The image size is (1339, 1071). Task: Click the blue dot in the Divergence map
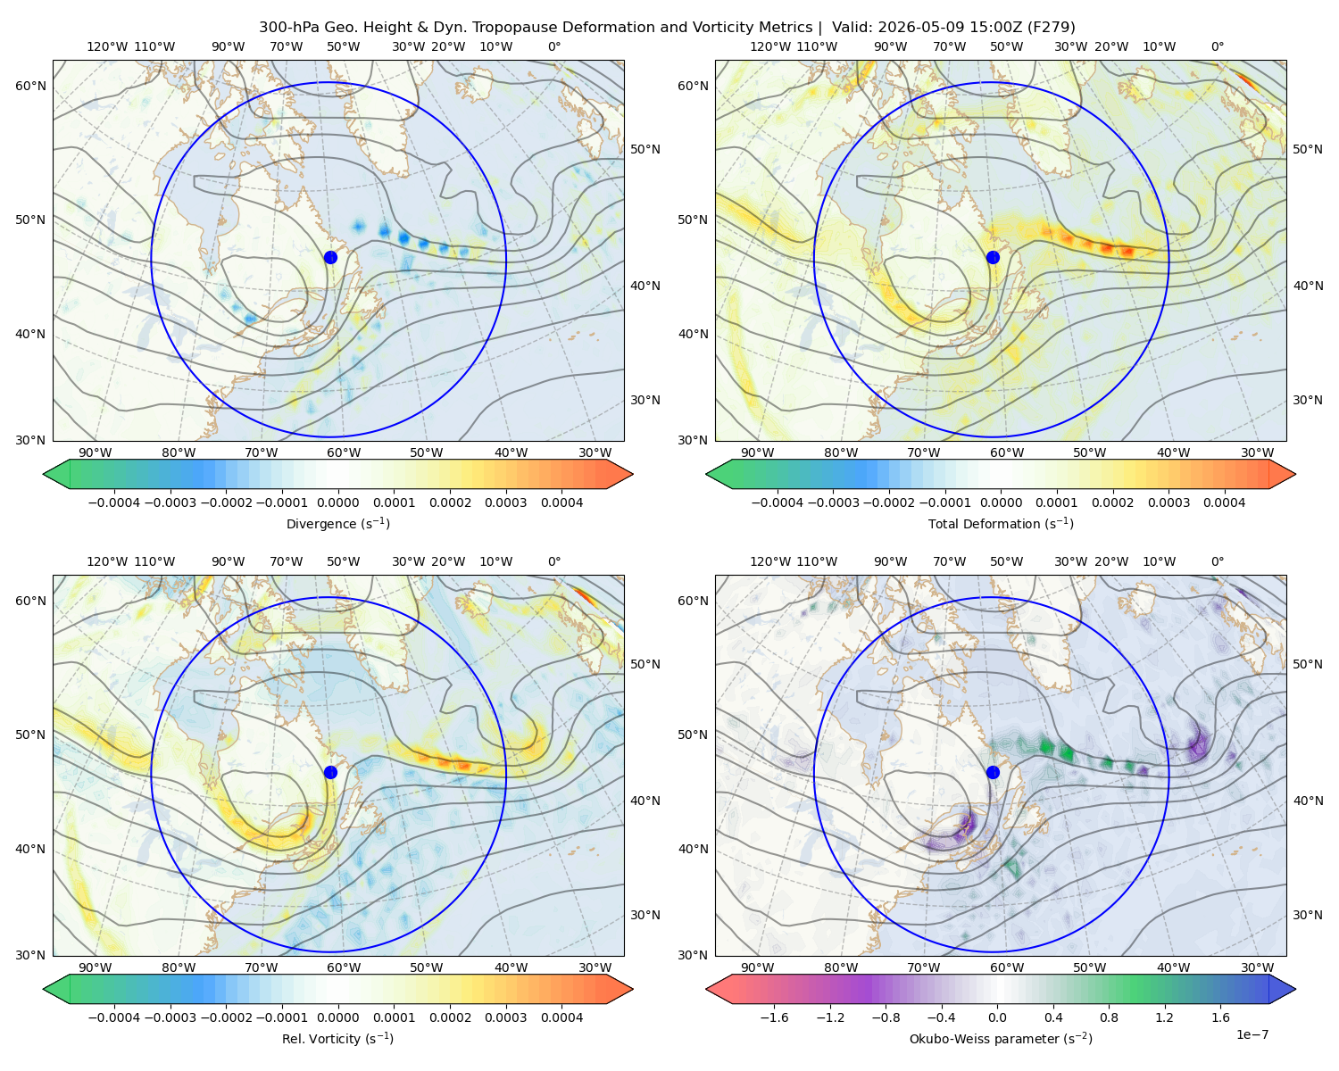point(330,257)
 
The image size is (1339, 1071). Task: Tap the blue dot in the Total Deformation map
point(993,257)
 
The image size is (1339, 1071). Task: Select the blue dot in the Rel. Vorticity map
point(330,772)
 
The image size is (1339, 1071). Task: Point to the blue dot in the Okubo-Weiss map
point(993,772)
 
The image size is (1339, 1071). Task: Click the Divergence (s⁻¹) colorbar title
point(337,523)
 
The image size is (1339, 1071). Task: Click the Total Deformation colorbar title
point(1001,523)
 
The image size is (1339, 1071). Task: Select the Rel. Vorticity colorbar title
point(337,1038)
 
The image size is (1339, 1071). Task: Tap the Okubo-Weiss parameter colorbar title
point(1001,1038)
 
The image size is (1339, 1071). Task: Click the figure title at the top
point(667,27)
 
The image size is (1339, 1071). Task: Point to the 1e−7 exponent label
point(1252,1034)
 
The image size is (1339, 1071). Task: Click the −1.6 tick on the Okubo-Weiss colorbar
point(774,1017)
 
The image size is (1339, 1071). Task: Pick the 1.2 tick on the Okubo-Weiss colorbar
point(1164,1017)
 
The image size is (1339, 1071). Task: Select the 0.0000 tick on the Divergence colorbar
point(337,502)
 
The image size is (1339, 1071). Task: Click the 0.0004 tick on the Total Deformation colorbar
point(1224,502)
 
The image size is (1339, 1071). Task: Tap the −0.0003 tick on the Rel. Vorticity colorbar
point(170,1017)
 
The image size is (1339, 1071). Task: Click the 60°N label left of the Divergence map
point(30,86)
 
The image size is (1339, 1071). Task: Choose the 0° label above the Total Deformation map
point(1217,46)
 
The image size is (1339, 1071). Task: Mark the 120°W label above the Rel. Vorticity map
point(107,561)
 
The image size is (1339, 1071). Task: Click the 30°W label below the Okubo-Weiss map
point(1258,967)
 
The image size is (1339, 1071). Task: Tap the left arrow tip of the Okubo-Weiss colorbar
point(705,989)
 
